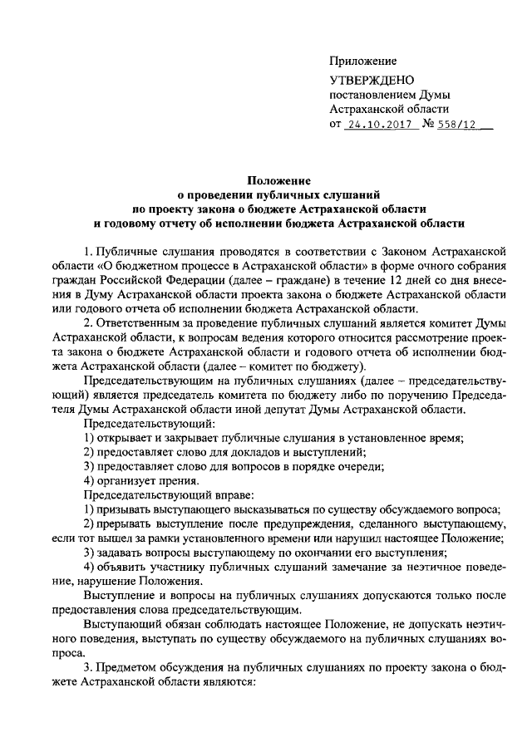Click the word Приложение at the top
[363, 61]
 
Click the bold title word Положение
[278, 179]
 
